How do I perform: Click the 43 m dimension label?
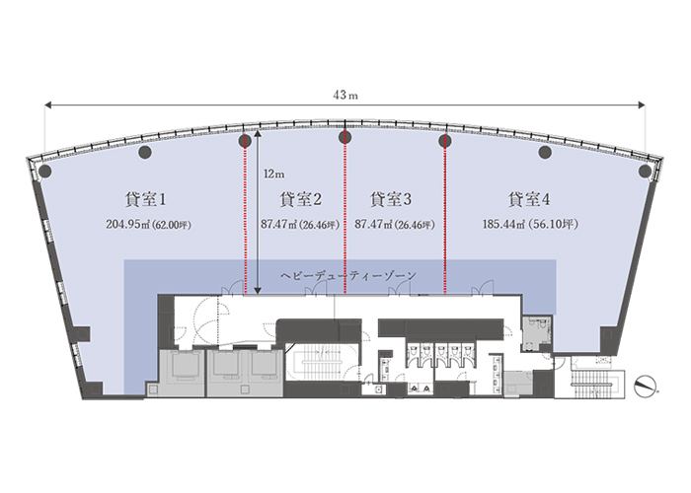[x=345, y=95]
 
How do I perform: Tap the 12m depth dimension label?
[x=274, y=175]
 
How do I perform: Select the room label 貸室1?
[x=145, y=199]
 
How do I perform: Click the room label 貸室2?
[x=300, y=199]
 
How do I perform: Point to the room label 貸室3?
[x=391, y=199]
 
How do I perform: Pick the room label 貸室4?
[x=529, y=199]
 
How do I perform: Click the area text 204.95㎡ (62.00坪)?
[x=148, y=225]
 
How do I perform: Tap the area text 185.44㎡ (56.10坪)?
[x=530, y=224]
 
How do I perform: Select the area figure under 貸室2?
[x=300, y=225]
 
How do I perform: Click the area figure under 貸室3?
[x=395, y=225]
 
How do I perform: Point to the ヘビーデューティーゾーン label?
[x=348, y=276]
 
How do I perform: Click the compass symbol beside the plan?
[x=645, y=387]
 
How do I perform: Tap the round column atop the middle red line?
[x=345, y=137]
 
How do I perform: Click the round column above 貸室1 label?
[x=145, y=152]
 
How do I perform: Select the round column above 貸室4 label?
[x=545, y=152]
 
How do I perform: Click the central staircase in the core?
[x=322, y=362]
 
